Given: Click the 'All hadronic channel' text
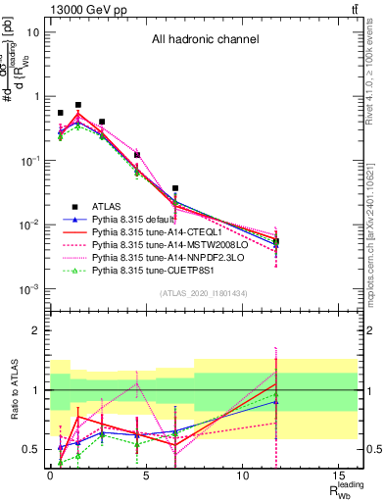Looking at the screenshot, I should (204, 40).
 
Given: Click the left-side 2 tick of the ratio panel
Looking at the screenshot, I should (36, 330).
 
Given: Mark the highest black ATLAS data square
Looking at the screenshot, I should (78, 105).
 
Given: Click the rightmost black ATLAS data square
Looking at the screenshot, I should (276, 241).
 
